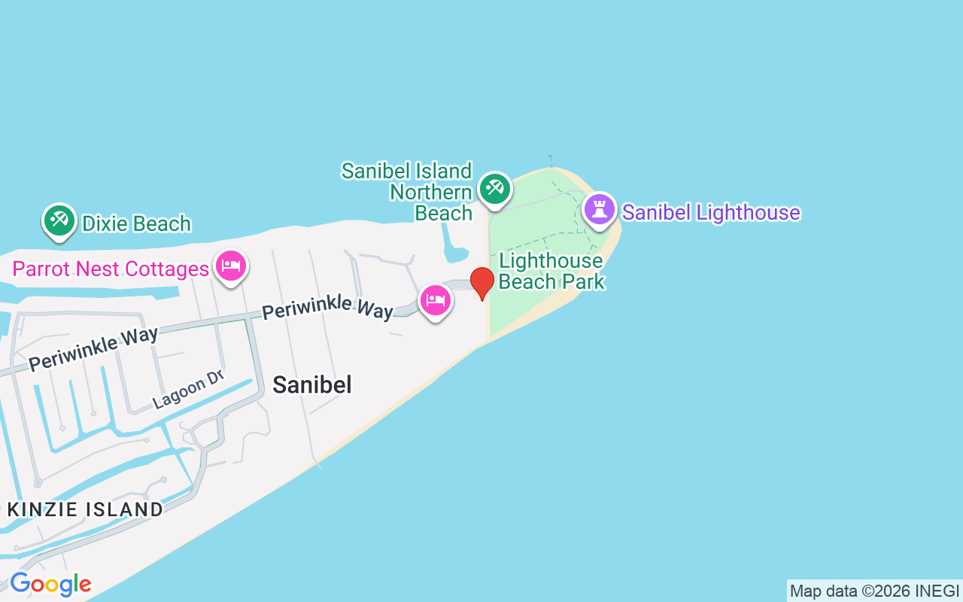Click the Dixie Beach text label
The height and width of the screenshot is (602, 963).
(x=136, y=223)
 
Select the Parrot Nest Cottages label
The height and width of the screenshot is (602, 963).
(x=111, y=269)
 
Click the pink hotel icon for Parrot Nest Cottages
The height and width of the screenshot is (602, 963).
(x=231, y=266)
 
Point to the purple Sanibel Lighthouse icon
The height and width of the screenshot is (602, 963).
(x=600, y=209)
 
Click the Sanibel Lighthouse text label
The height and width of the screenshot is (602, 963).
(x=711, y=212)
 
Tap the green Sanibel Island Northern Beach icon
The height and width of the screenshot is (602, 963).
(x=494, y=189)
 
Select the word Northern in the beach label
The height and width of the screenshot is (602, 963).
(x=430, y=192)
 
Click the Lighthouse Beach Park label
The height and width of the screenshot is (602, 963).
(x=551, y=271)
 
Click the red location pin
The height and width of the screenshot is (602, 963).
(x=482, y=282)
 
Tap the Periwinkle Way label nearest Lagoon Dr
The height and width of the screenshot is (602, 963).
(x=93, y=348)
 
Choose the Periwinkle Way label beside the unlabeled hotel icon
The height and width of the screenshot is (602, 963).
(x=327, y=307)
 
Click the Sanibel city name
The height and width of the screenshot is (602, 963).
(x=311, y=385)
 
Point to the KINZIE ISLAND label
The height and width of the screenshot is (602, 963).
(x=85, y=509)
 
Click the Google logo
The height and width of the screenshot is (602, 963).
(x=50, y=584)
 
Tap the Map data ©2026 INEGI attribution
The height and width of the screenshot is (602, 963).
(x=874, y=591)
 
